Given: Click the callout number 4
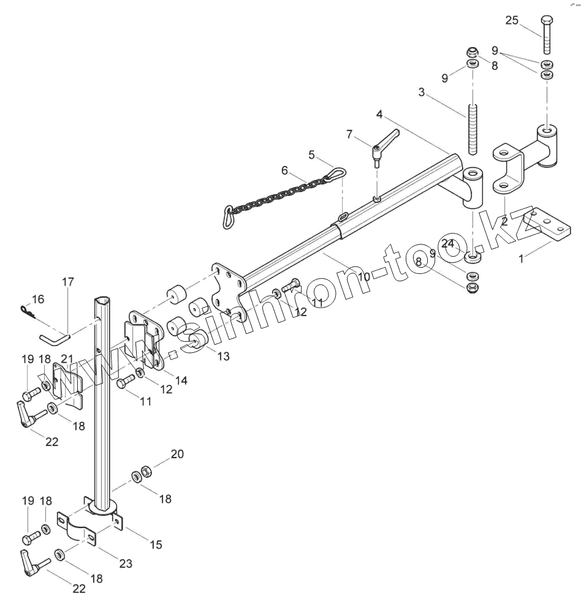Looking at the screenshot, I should pos(379,114).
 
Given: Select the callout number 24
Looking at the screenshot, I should pos(449,243).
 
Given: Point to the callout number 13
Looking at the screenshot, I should pos(223,355).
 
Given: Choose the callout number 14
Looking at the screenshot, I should pos(181,380).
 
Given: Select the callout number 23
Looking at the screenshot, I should pos(126,564).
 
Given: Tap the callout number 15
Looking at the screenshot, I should pos(156,543).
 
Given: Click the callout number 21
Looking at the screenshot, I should pos(67,358).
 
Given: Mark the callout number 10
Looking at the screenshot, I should pos(363,276).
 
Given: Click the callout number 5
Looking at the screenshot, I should pos(311,155).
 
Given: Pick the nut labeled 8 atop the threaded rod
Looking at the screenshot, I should pos(473,51).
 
